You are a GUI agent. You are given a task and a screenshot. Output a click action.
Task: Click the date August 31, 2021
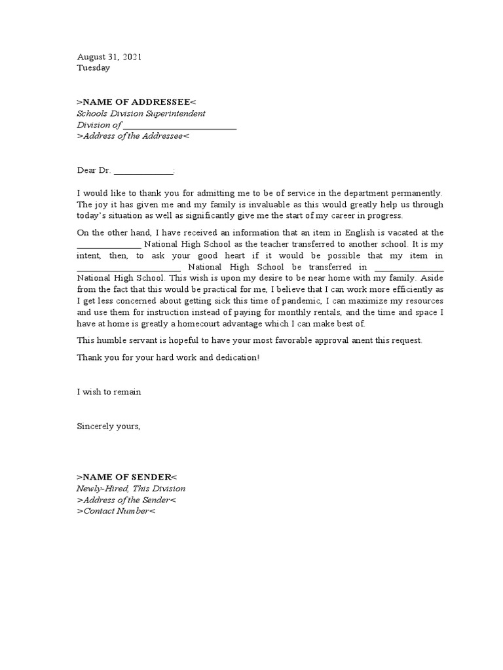pyautogui.click(x=109, y=57)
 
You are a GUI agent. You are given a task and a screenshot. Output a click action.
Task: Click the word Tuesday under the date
pyautogui.click(x=94, y=68)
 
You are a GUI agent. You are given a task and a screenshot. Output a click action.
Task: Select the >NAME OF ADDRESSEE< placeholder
pyautogui.click(x=136, y=101)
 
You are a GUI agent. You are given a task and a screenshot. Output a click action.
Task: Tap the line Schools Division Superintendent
pyautogui.click(x=141, y=113)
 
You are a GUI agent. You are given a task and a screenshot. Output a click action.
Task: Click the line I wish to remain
pyautogui.click(x=109, y=393)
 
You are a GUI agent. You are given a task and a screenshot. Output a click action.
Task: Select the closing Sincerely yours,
pyautogui.click(x=109, y=427)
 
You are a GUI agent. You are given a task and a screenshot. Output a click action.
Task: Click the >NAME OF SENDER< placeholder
pyautogui.click(x=127, y=477)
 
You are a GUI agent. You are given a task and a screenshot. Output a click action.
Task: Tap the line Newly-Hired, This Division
pyautogui.click(x=131, y=489)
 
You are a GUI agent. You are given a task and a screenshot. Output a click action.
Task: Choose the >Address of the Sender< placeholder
pyautogui.click(x=126, y=500)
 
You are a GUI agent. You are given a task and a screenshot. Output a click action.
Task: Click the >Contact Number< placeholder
pyautogui.click(x=117, y=511)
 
